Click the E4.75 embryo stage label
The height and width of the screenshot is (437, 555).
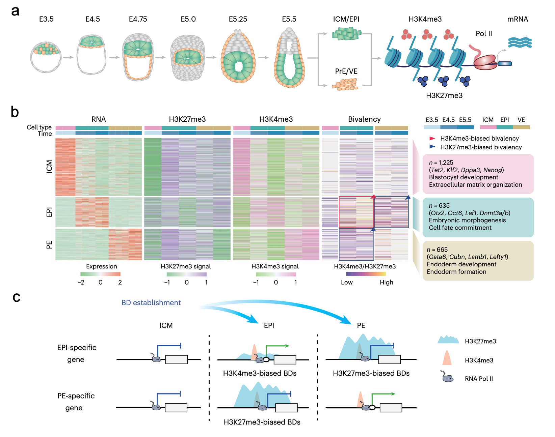click(138, 19)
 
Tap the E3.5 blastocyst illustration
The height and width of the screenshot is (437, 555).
click(46, 57)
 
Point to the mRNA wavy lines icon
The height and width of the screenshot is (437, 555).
click(520, 42)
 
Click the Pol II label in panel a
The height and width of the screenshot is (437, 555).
click(483, 34)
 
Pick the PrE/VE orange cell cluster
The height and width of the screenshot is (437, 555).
click(345, 84)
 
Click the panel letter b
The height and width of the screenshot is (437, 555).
click(15, 112)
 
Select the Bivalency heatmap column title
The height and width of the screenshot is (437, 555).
click(364, 119)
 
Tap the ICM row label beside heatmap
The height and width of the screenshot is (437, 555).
click(49, 167)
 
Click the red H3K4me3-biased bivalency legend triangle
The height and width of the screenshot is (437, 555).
click(432, 138)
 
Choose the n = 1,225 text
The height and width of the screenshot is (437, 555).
click(441, 163)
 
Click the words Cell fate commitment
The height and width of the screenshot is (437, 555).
click(460, 228)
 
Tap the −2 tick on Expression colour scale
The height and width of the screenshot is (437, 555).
click(81, 283)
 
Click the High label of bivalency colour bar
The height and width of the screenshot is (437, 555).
click(386, 283)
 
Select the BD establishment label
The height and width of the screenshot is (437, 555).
click(151, 303)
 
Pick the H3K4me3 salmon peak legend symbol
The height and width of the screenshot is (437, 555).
click(447, 358)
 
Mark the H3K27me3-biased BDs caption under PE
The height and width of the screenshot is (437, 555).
click(371, 373)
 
